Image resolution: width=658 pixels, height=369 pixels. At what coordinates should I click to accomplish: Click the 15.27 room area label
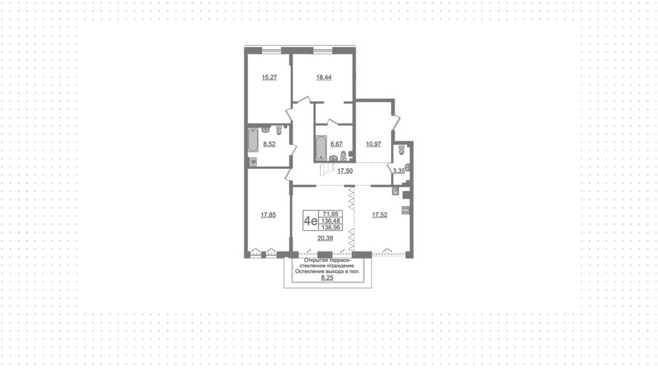tap(269, 77)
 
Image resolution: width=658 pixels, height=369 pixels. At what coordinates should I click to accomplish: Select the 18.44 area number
tap(324, 77)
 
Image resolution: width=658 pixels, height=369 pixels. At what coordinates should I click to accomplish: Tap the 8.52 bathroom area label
tap(269, 144)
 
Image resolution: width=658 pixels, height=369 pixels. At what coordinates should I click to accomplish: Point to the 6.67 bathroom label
tap(336, 144)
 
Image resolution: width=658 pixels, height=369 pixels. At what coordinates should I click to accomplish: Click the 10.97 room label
tap(374, 144)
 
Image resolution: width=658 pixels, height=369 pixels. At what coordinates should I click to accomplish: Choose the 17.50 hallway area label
tap(345, 171)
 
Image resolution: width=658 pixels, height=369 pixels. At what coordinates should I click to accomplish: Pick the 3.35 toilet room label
tap(399, 171)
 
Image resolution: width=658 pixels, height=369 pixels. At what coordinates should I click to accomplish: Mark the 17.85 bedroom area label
tap(268, 215)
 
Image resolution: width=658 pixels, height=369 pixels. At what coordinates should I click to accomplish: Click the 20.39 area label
tap(325, 238)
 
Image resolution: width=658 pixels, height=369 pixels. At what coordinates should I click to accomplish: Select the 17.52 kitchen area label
tap(380, 215)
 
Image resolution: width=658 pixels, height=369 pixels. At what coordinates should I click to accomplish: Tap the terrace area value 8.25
tap(327, 278)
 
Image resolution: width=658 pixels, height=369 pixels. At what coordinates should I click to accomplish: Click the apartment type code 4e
tap(310, 221)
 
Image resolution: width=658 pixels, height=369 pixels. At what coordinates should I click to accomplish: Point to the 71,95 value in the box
tap(330, 214)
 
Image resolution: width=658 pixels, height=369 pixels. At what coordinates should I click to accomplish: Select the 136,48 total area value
tap(330, 221)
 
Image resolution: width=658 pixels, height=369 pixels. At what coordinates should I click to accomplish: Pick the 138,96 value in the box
tap(330, 227)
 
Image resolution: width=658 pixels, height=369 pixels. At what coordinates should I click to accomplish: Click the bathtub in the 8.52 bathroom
tap(253, 140)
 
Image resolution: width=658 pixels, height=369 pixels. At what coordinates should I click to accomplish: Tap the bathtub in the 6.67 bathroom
tap(321, 148)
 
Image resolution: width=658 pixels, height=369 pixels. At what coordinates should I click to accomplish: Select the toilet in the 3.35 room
tap(402, 150)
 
